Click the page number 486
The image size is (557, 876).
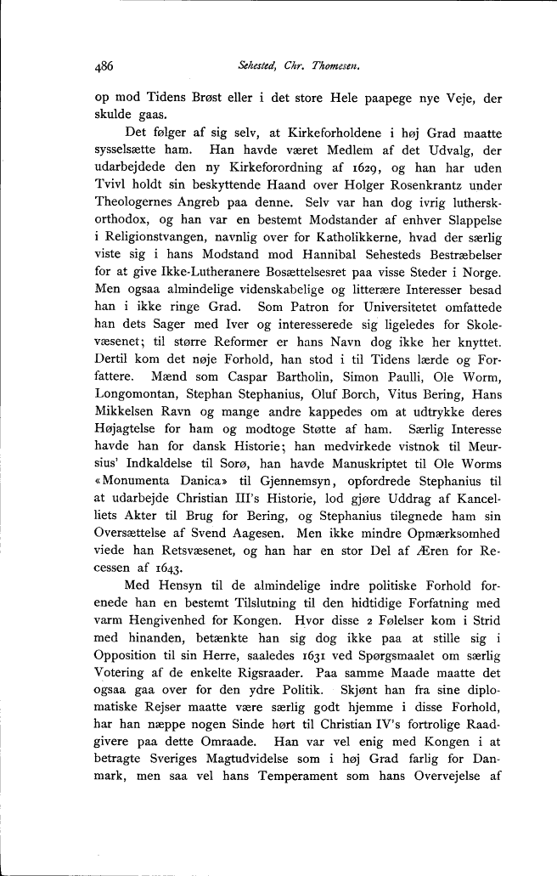click(x=104, y=65)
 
